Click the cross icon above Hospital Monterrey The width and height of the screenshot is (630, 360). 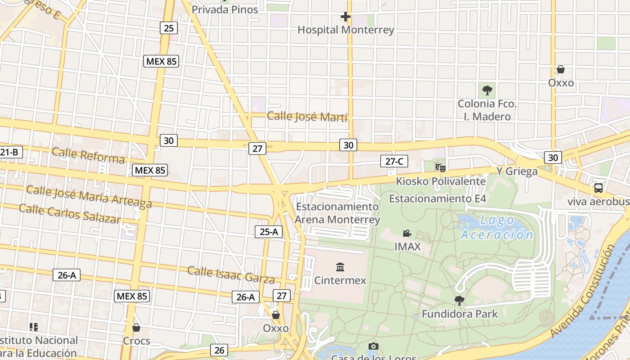(345, 17)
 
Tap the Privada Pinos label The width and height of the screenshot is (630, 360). (225, 9)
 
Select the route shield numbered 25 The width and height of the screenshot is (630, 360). (168, 28)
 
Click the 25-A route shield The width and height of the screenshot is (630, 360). (269, 232)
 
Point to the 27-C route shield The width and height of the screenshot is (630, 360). (394, 161)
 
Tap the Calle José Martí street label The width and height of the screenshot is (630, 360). (307, 117)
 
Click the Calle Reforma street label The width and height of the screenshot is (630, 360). (88, 155)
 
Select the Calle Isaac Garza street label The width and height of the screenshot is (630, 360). (231, 274)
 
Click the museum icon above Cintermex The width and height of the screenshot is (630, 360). (340, 267)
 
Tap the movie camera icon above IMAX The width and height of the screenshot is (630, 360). (407, 234)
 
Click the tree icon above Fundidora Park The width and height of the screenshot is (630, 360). (459, 301)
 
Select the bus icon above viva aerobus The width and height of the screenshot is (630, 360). (598, 188)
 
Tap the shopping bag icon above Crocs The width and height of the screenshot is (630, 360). (136, 328)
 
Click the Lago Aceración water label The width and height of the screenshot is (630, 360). (496, 227)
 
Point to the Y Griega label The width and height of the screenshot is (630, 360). (517, 171)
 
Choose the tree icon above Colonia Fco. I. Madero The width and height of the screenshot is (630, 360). (487, 90)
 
